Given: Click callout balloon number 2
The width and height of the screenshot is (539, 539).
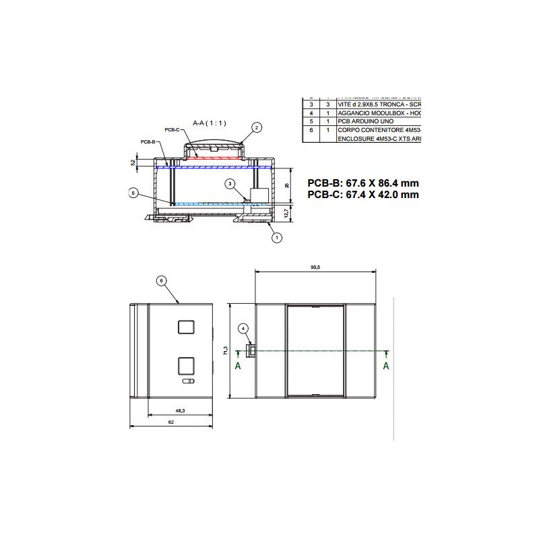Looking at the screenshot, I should point(256,127).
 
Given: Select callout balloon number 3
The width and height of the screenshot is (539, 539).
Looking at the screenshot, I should point(230,183).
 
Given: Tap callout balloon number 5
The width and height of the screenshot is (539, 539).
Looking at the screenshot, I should point(133,193).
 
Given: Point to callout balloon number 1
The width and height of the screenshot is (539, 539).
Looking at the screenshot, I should point(274,236).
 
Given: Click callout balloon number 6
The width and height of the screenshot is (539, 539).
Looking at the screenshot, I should point(160,280).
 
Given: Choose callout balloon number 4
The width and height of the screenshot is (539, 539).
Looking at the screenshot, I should point(244,328).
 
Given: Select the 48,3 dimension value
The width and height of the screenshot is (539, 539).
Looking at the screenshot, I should point(180,410).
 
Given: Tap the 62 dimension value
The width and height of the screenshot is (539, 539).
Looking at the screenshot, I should point(171,422).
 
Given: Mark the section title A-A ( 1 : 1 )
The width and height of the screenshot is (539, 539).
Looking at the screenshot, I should point(210,123).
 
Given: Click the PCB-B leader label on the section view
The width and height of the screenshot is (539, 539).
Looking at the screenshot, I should point(148,142).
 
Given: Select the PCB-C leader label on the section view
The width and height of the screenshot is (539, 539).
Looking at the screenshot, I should point(172,129).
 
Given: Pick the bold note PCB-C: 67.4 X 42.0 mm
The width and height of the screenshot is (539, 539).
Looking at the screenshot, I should point(362,194).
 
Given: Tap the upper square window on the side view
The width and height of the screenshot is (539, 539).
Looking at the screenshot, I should point(187,327).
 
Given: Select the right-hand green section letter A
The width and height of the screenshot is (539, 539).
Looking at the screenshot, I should point(386,366).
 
